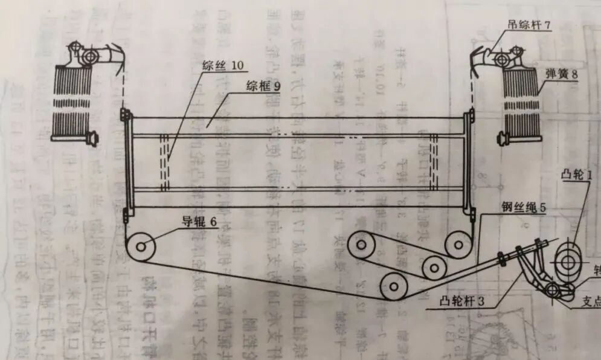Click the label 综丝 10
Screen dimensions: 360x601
221,65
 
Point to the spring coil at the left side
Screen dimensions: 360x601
71,100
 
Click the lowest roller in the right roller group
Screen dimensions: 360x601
393,286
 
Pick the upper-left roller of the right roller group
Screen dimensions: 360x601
363,245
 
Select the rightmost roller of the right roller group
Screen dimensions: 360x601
458,245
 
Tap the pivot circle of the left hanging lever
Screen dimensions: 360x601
89,56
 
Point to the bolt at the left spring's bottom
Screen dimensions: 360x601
92,139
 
